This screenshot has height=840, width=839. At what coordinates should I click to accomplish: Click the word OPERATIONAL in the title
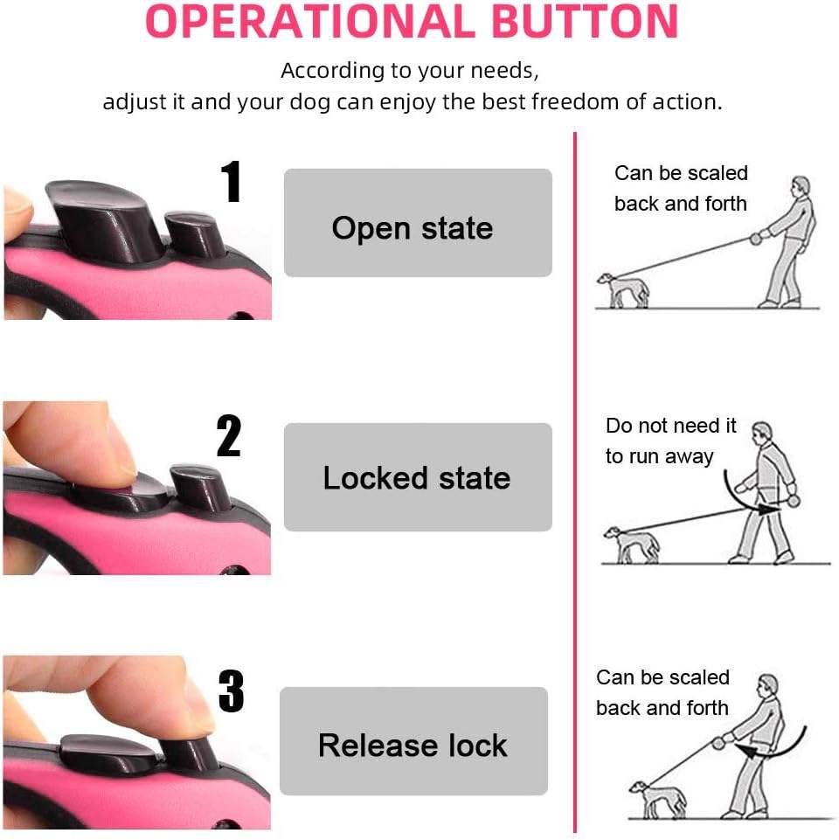click(310, 22)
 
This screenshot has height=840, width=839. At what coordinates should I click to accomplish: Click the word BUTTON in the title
click(585, 22)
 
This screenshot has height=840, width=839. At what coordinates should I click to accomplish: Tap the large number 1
click(231, 181)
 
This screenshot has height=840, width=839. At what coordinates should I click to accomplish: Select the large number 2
click(229, 435)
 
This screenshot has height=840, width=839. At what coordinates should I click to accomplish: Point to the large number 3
click(232, 691)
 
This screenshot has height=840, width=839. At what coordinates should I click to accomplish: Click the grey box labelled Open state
click(418, 223)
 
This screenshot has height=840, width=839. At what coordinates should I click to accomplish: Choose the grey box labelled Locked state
click(418, 476)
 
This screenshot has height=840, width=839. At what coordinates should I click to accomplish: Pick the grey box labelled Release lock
click(413, 741)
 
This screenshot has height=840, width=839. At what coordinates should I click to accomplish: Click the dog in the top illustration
click(623, 290)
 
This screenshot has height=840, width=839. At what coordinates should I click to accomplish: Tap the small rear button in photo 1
click(195, 233)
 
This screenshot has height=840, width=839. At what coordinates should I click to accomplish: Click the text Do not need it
click(671, 426)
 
